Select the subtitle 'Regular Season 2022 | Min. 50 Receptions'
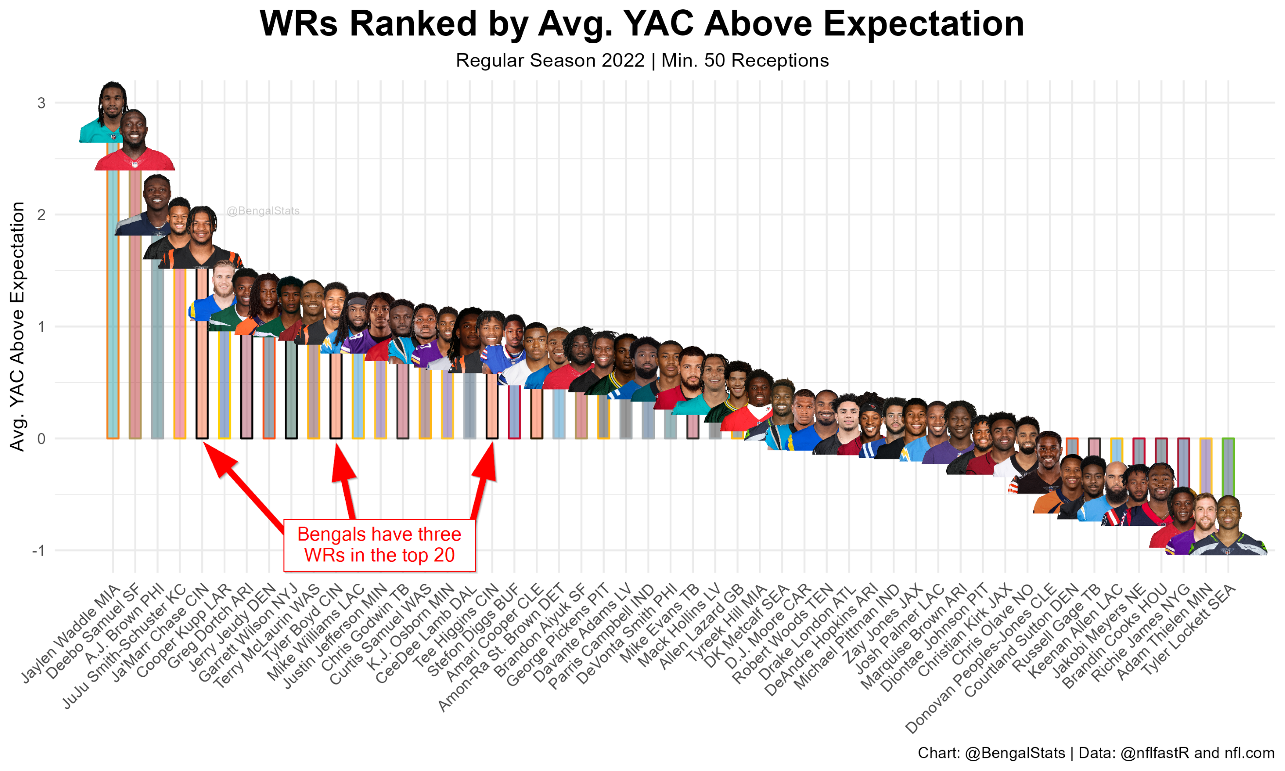[x=642, y=61]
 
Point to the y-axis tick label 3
[x=41, y=103]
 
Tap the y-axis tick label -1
[x=38, y=551]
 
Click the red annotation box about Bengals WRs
[x=379, y=545]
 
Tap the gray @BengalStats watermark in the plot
[x=263, y=211]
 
